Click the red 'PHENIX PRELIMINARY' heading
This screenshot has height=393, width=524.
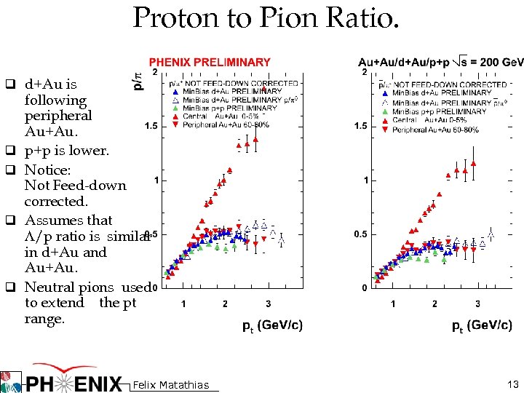pos(210,63)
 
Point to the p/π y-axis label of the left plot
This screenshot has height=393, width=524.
pos(139,80)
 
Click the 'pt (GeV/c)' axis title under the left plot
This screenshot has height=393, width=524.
pos(273,325)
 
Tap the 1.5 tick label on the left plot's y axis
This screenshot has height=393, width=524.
pos(150,127)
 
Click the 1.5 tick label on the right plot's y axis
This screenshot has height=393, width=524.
pos(360,127)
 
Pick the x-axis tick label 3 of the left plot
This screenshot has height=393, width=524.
pos(268,303)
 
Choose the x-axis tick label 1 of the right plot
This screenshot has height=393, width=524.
pos(393,303)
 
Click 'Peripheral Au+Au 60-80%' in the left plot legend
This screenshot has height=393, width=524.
pos(227,124)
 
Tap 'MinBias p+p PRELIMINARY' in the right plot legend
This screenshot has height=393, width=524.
pos(440,111)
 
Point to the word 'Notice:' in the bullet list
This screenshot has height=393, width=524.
pos(48,170)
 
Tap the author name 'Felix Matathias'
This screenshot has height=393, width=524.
pos(172,385)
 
